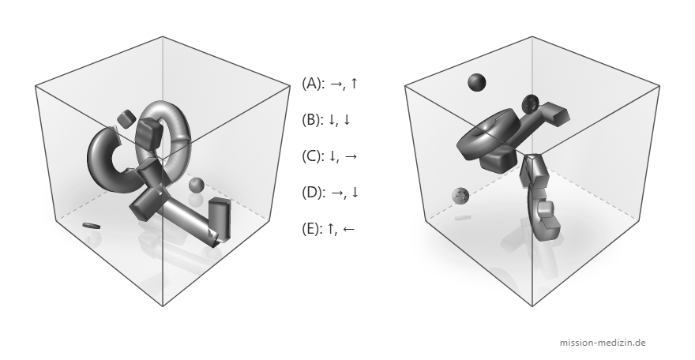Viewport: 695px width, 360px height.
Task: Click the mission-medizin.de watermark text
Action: [603, 343]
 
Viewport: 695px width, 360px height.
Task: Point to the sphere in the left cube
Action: [196, 185]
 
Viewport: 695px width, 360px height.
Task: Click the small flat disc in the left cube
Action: [91, 226]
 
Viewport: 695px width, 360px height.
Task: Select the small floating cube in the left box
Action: [126, 118]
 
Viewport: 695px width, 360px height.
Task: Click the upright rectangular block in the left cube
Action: [220, 219]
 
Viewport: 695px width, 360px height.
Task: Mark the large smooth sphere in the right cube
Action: [476, 82]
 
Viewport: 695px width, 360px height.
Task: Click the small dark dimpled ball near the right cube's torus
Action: [530, 103]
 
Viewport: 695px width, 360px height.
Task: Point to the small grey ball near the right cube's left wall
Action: [460, 195]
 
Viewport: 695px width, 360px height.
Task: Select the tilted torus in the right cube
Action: [487, 133]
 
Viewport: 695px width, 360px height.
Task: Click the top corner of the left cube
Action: [163, 37]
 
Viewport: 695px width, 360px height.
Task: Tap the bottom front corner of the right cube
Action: [532, 306]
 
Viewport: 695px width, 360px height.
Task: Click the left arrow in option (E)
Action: [348, 229]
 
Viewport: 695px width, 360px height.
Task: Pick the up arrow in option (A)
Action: [353, 83]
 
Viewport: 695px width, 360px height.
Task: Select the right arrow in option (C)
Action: [350, 156]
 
